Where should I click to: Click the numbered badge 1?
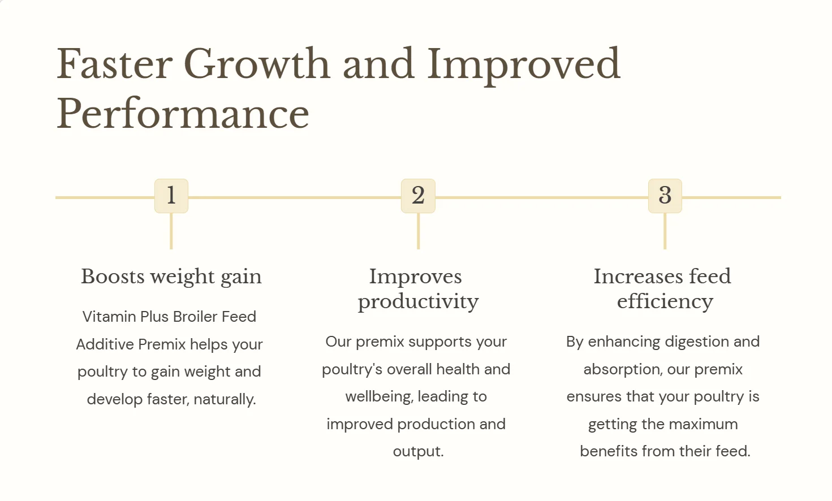[x=171, y=196]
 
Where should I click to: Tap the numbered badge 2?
[x=418, y=196]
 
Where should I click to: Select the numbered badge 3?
[x=665, y=196]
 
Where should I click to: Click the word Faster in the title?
[x=114, y=64]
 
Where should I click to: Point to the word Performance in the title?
[x=183, y=114]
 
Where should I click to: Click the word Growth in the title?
[x=257, y=64]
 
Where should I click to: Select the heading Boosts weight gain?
[x=171, y=277]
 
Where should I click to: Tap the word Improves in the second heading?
[x=416, y=277]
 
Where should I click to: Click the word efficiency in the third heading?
[x=665, y=301]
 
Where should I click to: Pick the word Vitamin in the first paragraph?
[x=109, y=317]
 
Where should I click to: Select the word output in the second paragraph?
[x=417, y=451]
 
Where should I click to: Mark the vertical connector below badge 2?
[x=418, y=231]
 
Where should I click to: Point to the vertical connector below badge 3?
[x=665, y=231]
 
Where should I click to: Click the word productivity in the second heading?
[x=418, y=301]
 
